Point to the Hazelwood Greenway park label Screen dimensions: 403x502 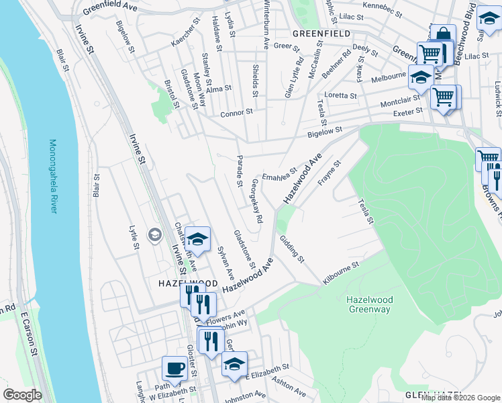click(x=368, y=304)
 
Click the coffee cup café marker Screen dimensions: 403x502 click(x=175, y=369)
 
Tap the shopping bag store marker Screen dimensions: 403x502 click(x=443, y=36)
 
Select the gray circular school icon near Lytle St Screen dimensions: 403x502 click(x=155, y=234)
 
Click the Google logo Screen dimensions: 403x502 click(x=22, y=395)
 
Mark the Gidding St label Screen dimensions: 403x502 click(x=292, y=249)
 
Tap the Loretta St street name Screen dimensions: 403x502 click(x=340, y=96)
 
